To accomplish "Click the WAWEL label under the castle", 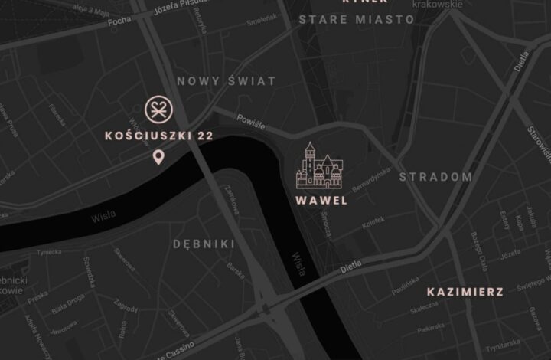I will coord(321,201).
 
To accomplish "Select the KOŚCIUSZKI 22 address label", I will coord(158,136).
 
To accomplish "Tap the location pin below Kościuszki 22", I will coord(158,158).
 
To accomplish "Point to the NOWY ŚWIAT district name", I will coord(226,80).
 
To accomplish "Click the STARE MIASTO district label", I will coord(356,19).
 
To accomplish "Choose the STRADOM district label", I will coord(435,177).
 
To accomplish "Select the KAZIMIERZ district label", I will coord(465,292).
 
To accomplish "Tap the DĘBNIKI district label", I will coord(204,244).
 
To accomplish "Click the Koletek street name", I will coord(373,224).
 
